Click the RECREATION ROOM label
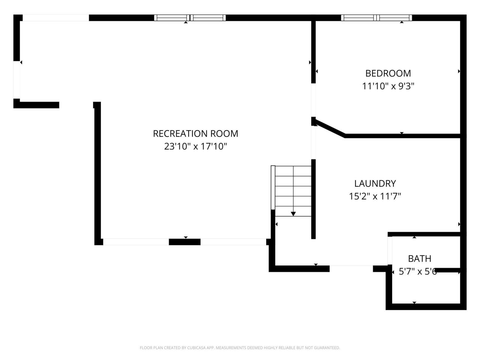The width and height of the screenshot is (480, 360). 195,133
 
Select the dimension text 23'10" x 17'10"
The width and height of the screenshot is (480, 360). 195,146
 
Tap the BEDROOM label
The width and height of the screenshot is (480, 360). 388,73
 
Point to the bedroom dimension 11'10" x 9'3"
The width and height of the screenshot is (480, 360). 388,86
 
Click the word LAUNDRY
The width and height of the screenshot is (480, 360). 375,183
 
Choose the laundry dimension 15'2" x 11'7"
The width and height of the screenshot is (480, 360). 375,196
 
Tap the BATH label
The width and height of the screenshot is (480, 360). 420,258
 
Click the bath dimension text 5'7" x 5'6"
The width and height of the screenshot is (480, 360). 417,271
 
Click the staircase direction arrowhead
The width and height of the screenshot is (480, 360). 293,214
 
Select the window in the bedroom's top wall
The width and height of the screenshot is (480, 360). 376,18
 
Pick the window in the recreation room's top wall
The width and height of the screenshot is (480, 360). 190,18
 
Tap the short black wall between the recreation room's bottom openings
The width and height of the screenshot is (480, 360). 184,242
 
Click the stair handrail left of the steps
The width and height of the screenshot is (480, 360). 273,187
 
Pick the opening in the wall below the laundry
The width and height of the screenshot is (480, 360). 351,268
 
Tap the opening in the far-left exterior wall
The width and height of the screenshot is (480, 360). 16,79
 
